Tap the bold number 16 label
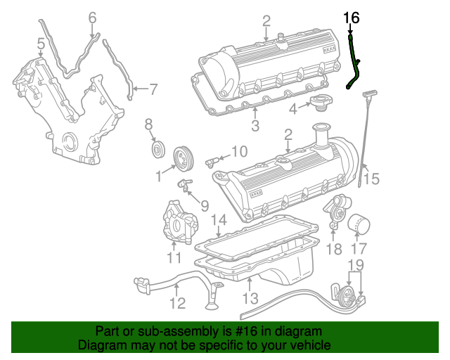tap(351, 18)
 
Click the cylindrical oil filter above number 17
tap(359, 225)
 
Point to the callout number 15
tap(371, 179)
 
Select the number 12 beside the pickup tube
tap(177, 303)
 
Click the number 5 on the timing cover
tap(41, 46)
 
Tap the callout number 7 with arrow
tap(153, 89)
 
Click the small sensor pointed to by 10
tap(210, 162)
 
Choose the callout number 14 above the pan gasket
tap(219, 221)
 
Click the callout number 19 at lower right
tap(356, 264)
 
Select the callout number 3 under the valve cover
tap(255, 126)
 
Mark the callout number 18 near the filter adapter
tap(334, 247)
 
